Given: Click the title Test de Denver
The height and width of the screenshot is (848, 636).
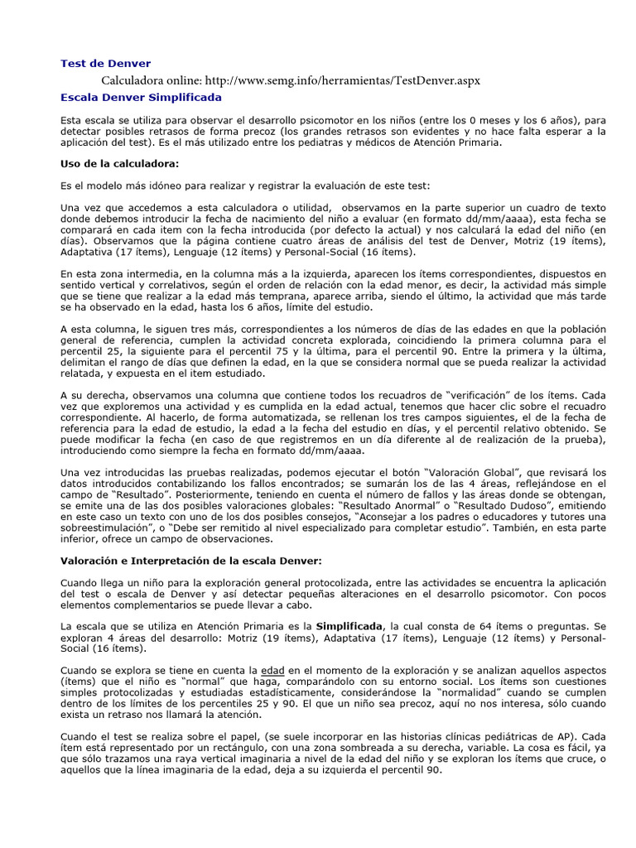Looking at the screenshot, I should click(106, 64).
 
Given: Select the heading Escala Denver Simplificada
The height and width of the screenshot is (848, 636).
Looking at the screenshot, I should click(141, 97).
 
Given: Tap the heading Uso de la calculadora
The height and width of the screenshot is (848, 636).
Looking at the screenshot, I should click(120, 164).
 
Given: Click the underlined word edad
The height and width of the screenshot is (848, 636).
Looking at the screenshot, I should click(272, 669).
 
